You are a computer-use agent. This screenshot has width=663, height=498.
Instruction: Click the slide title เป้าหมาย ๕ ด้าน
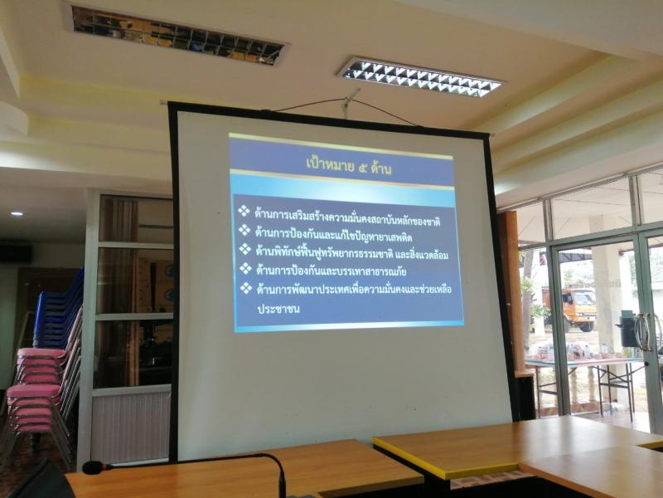(349, 167)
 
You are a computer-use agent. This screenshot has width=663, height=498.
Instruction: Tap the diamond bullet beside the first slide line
(244, 211)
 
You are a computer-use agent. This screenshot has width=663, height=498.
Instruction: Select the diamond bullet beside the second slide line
(244, 230)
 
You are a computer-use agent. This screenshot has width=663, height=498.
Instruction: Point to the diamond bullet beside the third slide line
(244, 249)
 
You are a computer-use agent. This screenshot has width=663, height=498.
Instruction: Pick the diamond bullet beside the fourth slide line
(245, 268)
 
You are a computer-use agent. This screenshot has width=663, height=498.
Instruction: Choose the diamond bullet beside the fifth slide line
(246, 288)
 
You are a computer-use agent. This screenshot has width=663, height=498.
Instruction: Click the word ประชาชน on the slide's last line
(278, 309)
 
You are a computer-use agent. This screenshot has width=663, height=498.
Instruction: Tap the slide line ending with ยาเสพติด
(334, 234)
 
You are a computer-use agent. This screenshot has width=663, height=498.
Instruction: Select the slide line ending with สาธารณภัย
(331, 270)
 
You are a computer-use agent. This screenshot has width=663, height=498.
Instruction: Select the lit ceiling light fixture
(419, 77)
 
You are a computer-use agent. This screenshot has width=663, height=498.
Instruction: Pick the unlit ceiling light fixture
(177, 35)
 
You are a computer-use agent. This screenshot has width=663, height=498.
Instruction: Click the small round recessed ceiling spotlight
(17, 214)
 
